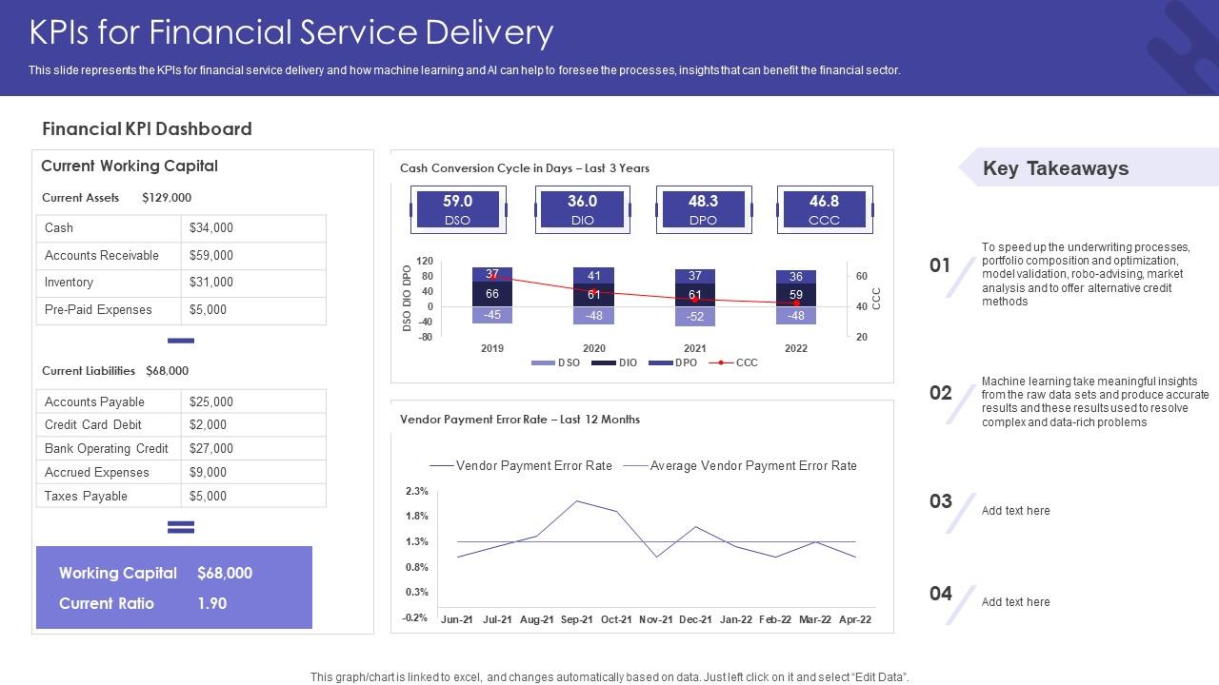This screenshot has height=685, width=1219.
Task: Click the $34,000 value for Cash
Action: [x=211, y=228]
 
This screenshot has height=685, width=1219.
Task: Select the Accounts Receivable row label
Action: [x=102, y=255]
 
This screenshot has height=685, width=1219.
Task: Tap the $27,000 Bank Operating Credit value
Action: [x=211, y=448]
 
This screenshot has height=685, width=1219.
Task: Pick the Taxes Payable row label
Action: [x=86, y=496]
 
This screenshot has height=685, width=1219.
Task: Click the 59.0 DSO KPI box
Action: [x=458, y=209]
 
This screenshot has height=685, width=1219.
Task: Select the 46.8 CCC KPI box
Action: [x=824, y=209]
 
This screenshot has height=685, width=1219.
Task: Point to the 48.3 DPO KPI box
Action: [x=703, y=209]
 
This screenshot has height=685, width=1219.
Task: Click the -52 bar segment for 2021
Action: [x=695, y=317]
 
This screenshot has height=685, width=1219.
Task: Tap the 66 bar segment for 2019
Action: [x=492, y=294]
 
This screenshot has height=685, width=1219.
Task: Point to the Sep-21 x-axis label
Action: [x=576, y=619]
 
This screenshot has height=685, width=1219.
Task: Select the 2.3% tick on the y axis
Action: [x=416, y=491]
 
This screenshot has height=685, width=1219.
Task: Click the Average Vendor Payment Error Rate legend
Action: [x=752, y=466]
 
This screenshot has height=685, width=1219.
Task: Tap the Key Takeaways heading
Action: [x=1055, y=168]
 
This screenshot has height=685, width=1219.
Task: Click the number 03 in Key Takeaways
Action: [x=941, y=501]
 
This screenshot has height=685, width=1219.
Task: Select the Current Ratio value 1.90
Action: [x=212, y=603]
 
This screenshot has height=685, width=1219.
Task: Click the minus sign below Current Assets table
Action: [x=181, y=341]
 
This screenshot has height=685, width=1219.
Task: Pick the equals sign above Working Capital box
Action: [x=181, y=527]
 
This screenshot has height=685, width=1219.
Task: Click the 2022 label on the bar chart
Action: [x=796, y=348]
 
